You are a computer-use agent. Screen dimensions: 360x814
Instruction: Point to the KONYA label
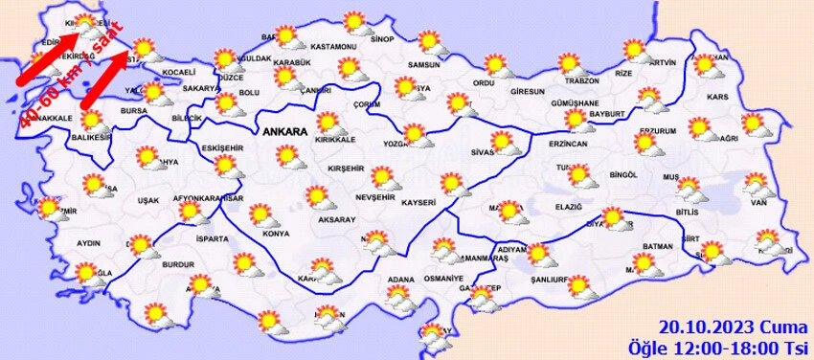point(275,234)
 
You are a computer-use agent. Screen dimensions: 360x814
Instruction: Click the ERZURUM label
point(658,130)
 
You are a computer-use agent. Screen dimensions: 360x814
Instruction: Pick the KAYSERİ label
point(419,203)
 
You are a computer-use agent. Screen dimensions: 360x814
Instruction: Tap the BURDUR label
point(178,263)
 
